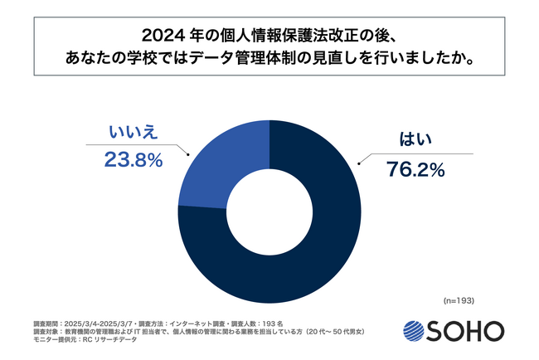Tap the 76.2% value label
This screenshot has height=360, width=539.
click(x=416, y=169)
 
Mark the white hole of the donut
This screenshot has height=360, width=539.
click(x=269, y=212)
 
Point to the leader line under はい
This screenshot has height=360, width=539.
click(x=423, y=153)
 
